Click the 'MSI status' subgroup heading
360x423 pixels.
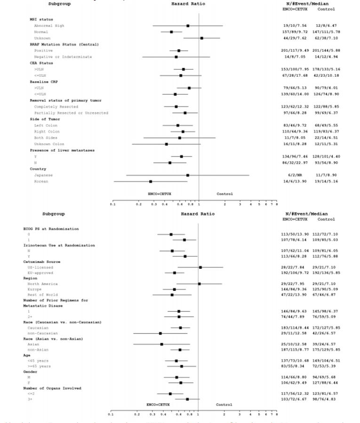point(41,19)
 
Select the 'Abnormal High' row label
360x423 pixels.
point(49,26)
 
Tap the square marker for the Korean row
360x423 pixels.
point(151,181)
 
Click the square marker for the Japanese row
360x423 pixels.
point(188,175)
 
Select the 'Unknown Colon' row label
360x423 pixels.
point(49,144)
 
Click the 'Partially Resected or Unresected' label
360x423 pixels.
point(71,113)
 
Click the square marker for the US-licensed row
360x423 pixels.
point(200,267)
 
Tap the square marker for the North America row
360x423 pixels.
point(199,284)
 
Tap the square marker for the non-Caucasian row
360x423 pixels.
point(160,333)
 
